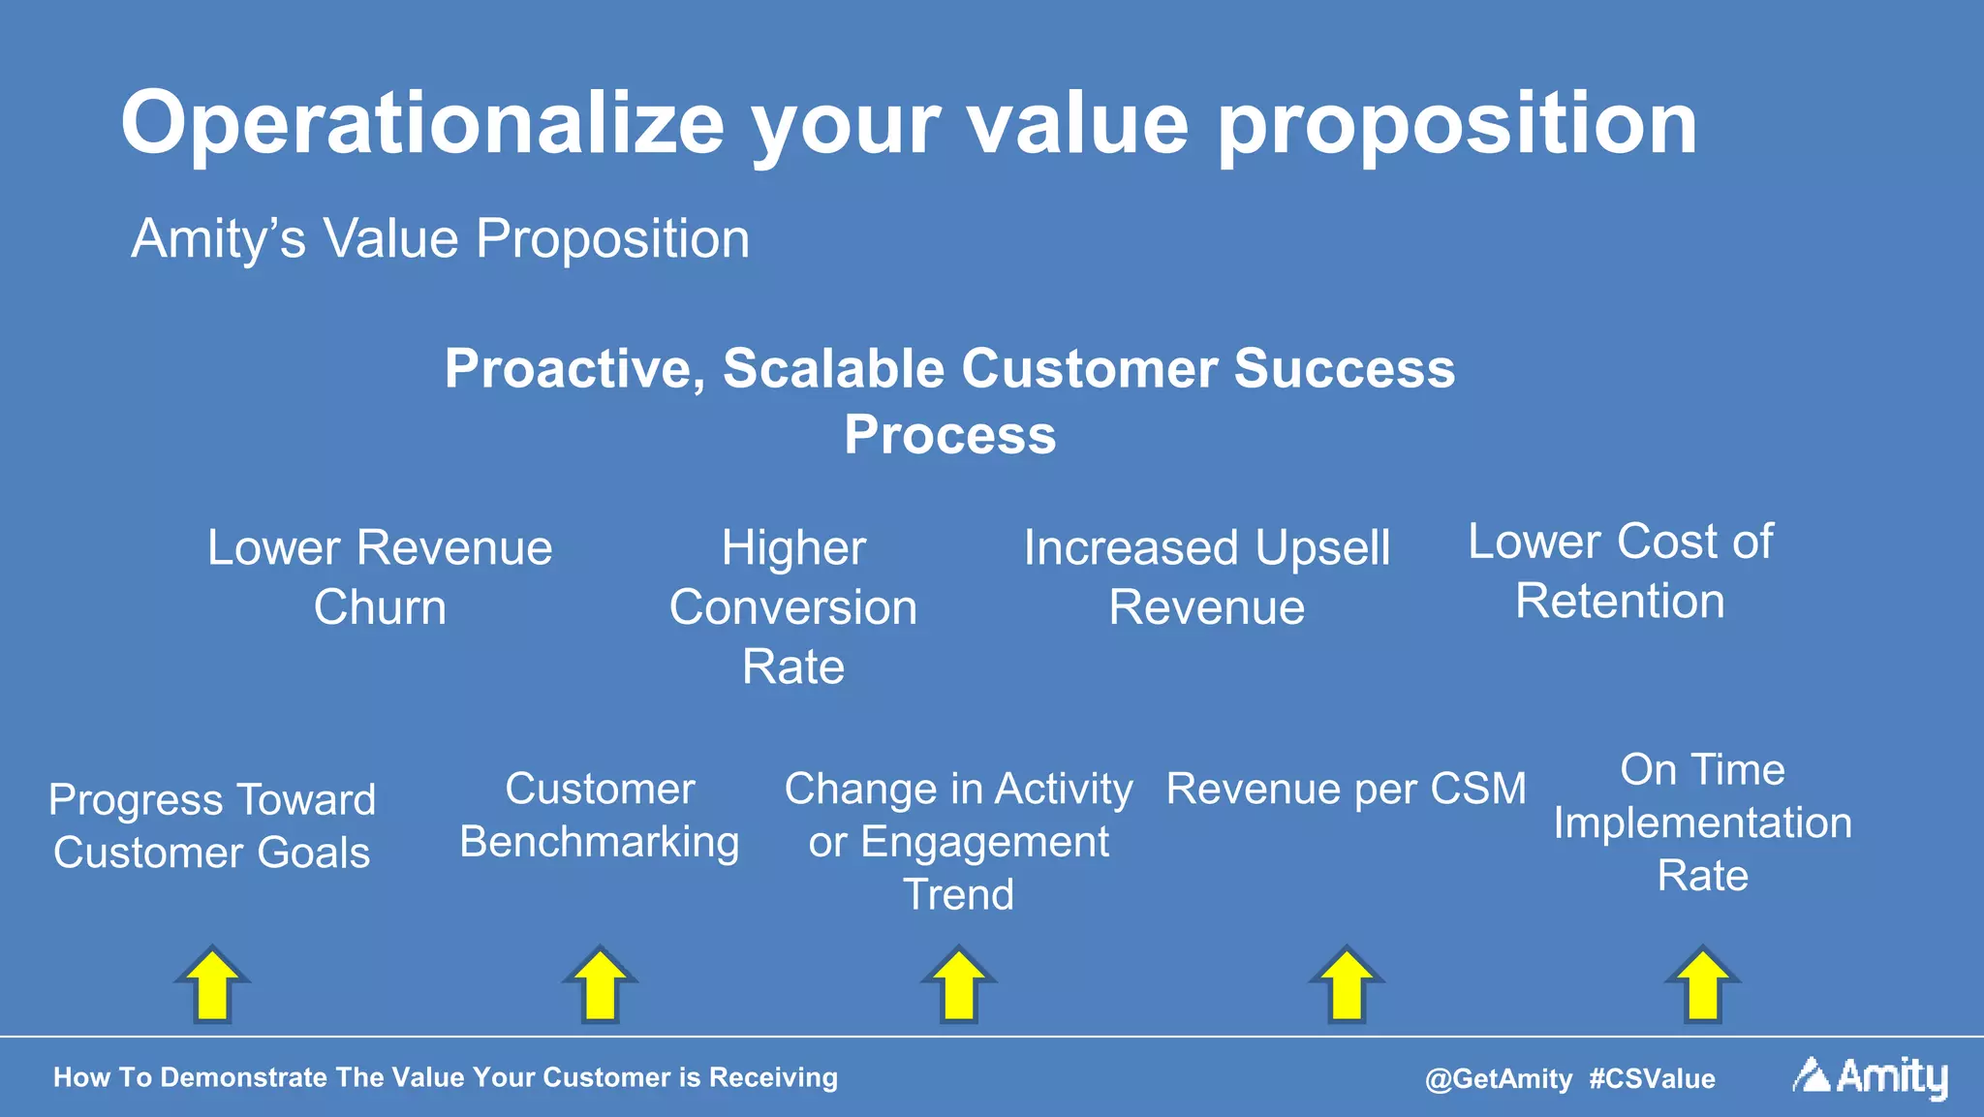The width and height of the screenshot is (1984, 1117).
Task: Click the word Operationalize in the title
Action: [x=422, y=123]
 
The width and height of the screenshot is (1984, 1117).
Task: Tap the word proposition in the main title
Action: [x=1456, y=123]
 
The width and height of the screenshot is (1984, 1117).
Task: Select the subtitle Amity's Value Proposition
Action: [x=440, y=238]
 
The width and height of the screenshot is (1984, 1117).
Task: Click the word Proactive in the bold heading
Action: [x=573, y=369]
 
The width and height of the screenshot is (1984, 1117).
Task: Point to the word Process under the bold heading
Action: [x=949, y=435]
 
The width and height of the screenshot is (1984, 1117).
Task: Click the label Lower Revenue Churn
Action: [x=380, y=577]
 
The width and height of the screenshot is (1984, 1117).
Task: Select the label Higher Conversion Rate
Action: [x=792, y=607]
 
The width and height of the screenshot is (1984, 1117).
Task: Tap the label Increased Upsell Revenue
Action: [x=1206, y=577]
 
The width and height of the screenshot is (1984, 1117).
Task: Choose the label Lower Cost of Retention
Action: [x=1620, y=572]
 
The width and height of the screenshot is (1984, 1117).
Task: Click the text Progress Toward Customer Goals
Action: [x=212, y=826]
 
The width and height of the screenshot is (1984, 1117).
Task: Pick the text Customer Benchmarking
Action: [x=600, y=816]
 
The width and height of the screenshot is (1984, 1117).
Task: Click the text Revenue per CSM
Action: [x=1346, y=789]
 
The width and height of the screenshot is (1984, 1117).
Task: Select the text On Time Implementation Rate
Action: [x=1702, y=822]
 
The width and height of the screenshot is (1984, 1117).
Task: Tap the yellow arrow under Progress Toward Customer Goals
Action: [x=213, y=984]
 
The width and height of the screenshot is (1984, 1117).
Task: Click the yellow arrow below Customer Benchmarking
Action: [x=601, y=984]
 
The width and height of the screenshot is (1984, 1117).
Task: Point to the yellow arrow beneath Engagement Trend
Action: [x=959, y=984]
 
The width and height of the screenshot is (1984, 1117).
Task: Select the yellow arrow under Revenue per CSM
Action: [x=1347, y=984]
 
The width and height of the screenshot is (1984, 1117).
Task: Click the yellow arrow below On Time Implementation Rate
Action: [x=1703, y=984]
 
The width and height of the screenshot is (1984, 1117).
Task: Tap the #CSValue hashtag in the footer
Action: [x=1652, y=1078]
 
